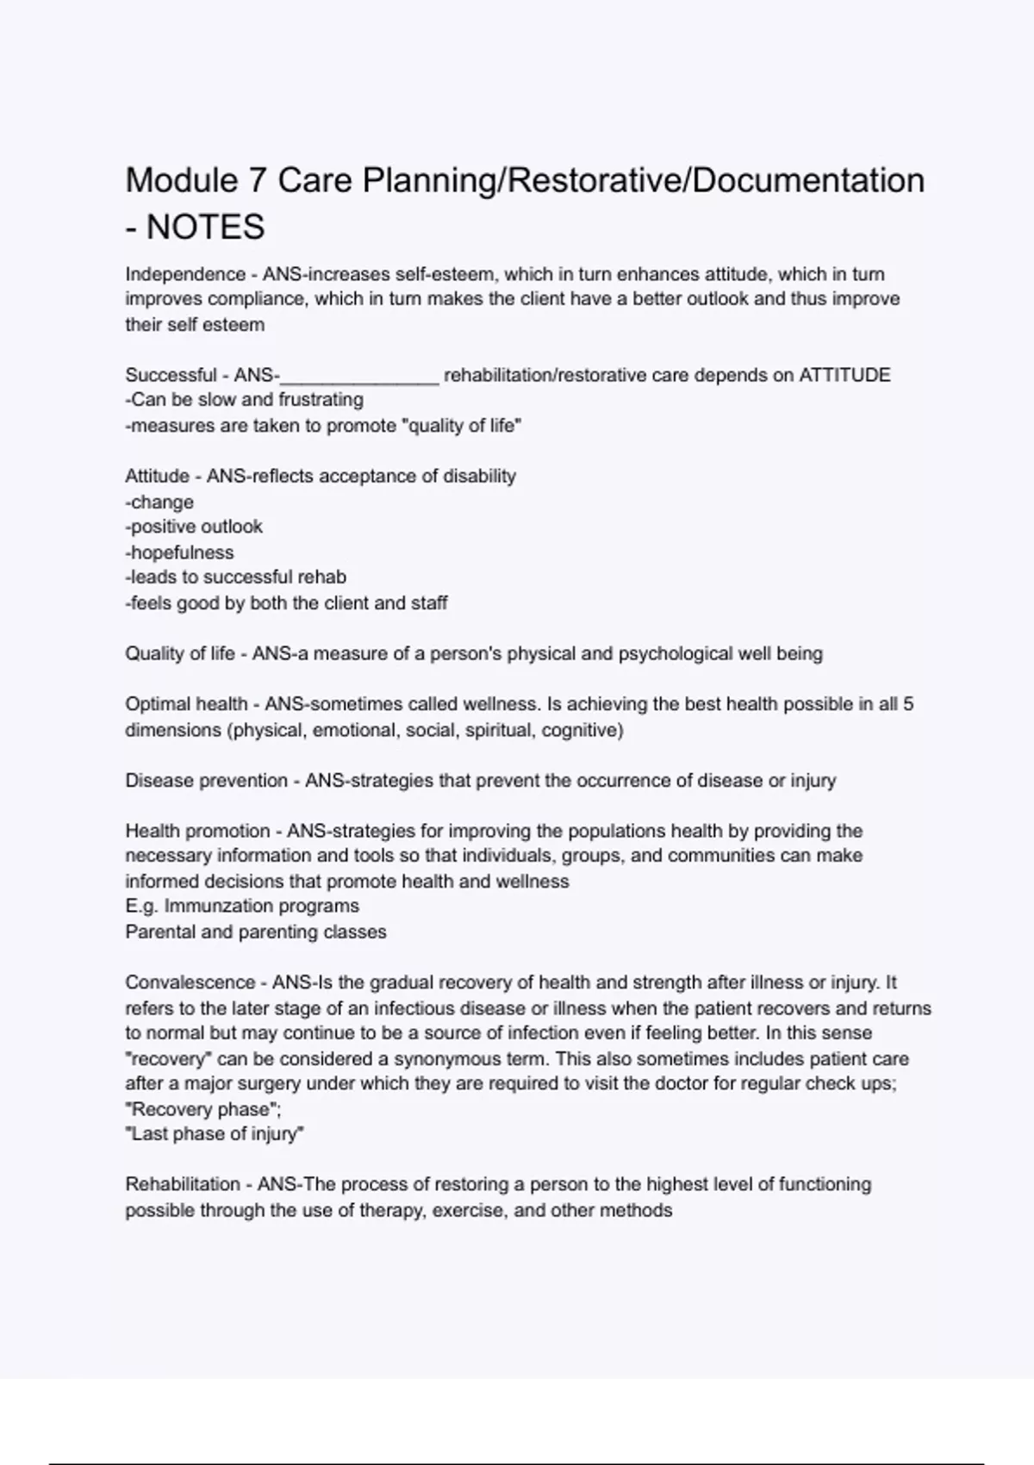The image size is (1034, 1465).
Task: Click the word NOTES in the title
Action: [205, 228]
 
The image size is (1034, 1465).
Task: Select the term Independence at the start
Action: [185, 274]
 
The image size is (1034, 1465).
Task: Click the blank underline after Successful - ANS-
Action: [360, 377]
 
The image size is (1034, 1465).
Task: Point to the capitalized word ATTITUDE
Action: [844, 375]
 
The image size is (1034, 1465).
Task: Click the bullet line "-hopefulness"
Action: [179, 552]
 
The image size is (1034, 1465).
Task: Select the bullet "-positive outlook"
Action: [194, 527]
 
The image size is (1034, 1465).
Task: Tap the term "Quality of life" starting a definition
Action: [179, 654]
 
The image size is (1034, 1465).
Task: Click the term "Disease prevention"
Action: [206, 781]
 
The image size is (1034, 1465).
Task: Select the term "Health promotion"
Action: [197, 832]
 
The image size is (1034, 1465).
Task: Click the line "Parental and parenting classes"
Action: [256, 932]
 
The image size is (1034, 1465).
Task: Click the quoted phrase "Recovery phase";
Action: [203, 1110]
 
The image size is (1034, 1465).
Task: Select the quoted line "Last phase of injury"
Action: [215, 1135]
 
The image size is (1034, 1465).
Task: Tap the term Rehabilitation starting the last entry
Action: [183, 1185]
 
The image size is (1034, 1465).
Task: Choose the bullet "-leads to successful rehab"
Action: [235, 577]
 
